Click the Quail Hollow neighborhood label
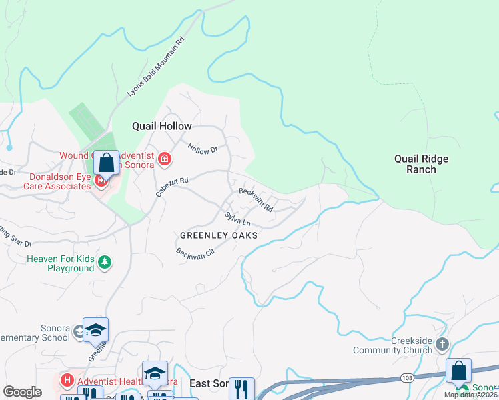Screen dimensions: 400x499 [161, 126]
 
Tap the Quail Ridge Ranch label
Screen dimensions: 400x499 [421, 164]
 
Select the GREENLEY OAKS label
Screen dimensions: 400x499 [219, 235]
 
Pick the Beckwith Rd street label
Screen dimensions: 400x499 [256, 199]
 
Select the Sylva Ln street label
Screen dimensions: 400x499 [237, 218]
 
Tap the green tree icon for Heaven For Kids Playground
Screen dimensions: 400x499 [104, 263]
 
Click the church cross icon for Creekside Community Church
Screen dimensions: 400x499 [442, 345]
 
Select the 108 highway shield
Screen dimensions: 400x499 [406, 378]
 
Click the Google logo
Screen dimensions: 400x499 [22, 392]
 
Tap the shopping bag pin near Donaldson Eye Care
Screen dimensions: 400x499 [107, 163]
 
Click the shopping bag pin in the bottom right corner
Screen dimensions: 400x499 [459, 371]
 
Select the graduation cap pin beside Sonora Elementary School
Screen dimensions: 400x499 [95, 330]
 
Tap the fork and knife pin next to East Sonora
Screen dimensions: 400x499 [241, 388]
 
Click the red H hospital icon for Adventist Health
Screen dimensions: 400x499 [67, 381]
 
